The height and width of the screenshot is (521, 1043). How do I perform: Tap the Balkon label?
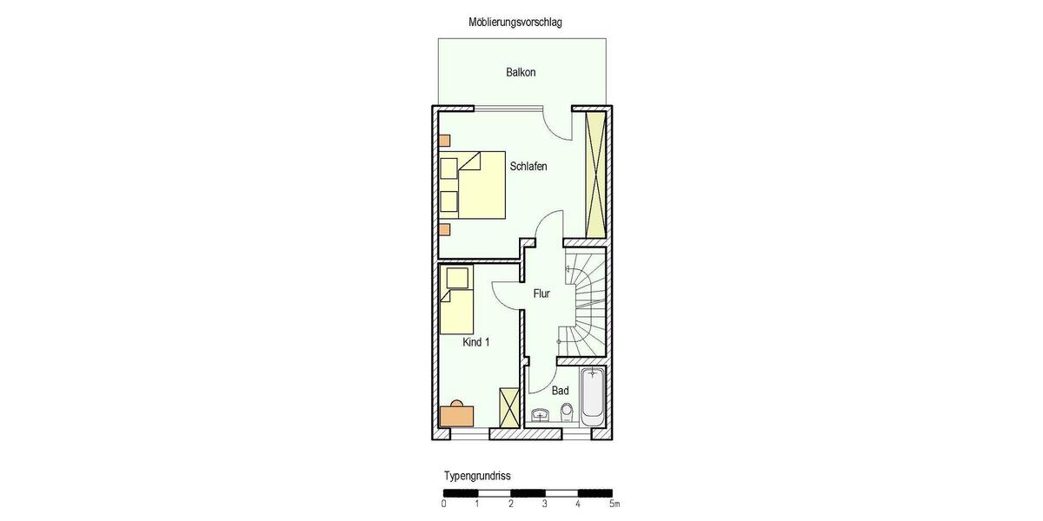tap(521, 72)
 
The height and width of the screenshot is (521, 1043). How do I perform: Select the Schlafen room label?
tap(528, 167)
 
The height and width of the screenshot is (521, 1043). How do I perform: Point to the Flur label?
tap(541, 293)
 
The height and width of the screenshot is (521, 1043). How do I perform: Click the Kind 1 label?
tap(475, 343)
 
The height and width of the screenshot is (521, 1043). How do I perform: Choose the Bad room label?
tap(560, 391)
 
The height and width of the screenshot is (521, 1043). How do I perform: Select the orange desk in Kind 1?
tap(457, 414)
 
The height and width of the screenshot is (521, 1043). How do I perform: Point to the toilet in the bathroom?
tap(567, 411)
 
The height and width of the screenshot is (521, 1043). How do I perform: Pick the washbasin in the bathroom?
tap(541, 414)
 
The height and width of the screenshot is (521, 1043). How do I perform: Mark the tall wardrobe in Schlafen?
tap(595, 173)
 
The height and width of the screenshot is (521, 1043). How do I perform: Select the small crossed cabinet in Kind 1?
tap(508, 406)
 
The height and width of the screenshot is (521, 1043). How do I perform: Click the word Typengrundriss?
tap(477, 477)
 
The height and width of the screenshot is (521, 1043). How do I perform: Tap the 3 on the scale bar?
tap(544, 504)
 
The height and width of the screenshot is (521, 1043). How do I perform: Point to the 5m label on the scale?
tap(614, 504)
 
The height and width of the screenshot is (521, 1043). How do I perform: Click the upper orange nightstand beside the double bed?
tap(444, 140)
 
